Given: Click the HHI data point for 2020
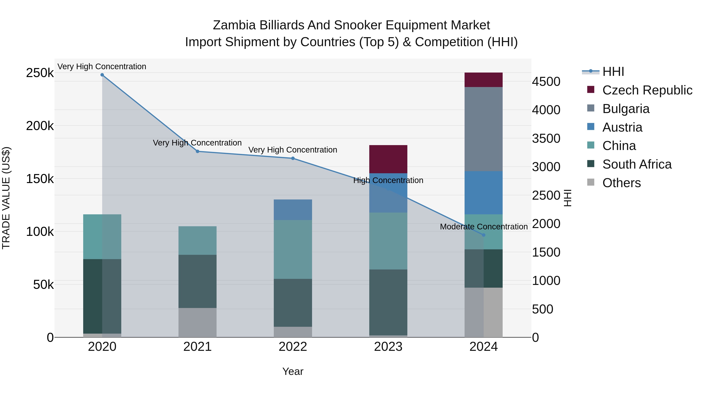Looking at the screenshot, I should point(102,75).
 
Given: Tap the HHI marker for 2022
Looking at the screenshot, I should point(293,158).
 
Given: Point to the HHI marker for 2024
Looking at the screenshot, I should point(484,235).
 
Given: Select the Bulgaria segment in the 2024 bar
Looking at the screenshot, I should point(483,129).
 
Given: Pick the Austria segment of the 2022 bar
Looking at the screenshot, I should point(293,210).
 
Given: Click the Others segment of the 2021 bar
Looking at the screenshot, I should point(197,322).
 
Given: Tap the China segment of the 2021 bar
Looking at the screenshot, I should point(197,241).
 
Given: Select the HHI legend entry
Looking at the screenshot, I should point(613,72).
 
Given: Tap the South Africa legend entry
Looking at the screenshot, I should point(636,164).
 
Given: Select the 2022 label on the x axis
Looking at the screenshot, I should point(293,347).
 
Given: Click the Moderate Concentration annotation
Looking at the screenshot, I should point(484,227).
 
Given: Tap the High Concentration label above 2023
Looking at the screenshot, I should point(388,180).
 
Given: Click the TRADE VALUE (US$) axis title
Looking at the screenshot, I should point(6,198).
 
